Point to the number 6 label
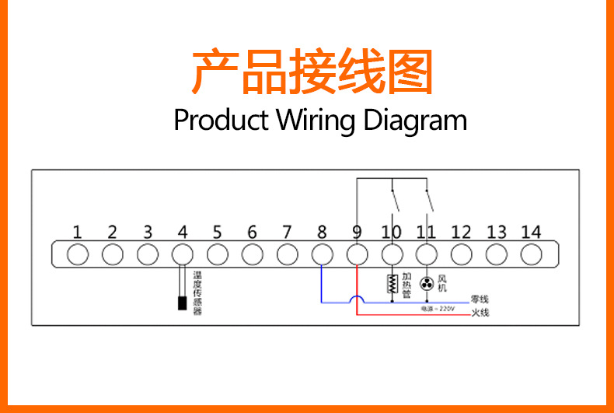[252, 232]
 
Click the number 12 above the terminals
[461, 232]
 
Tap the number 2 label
[112, 232]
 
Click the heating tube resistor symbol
[392, 285]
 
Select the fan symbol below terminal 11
[426, 284]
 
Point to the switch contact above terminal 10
[396, 198]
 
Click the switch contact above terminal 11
[431, 198]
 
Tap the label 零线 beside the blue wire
[480, 300]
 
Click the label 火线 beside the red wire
[480, 313]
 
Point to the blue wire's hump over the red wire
[357, 298]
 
